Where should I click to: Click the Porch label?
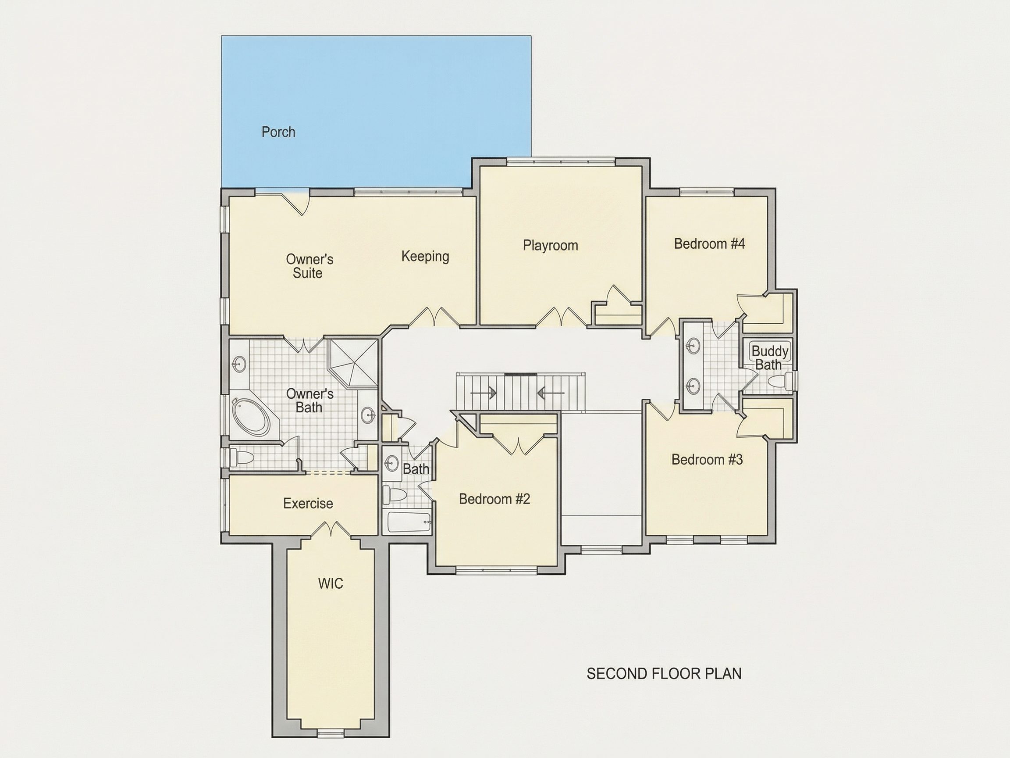[278, 132]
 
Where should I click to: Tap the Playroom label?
[550, 245]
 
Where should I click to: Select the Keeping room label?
[425, 256]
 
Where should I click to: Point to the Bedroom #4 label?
[709, 243]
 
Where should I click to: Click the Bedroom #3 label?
[707, 459]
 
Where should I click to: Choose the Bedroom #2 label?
[494, 498]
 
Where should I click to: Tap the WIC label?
[331, 583]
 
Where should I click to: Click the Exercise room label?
[308, 504]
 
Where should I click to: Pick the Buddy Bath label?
[770, 358]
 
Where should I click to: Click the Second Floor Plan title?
[664, 673]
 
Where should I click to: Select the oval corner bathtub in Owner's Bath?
[252, 416]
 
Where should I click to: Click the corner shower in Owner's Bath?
[353, 363]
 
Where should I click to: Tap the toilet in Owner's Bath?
[242, 457]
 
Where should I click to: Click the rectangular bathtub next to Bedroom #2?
[409, 522]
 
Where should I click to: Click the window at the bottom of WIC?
[330, 733]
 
